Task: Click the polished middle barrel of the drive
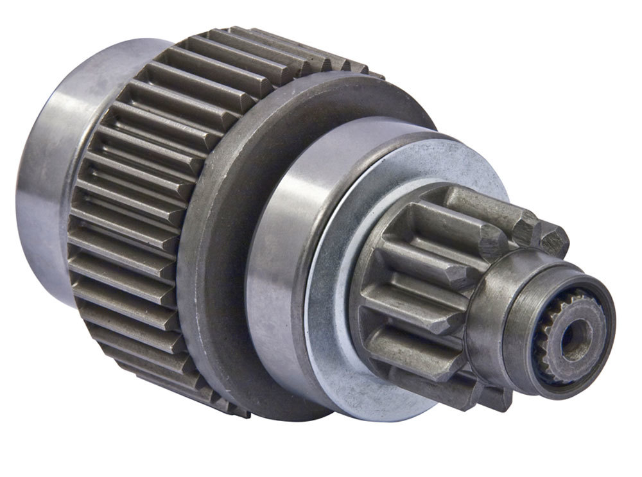coord(282,257)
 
